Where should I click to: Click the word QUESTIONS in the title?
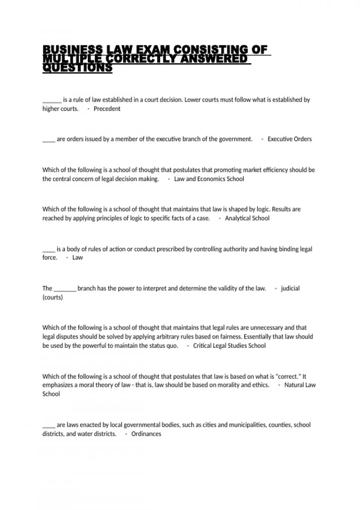point(77,68)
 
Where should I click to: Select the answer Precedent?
point(107,109)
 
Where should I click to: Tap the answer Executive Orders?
point(289,139)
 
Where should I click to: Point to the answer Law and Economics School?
point(209,179)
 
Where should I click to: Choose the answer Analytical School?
point(247,218)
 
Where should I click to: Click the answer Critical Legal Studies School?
point(229,346)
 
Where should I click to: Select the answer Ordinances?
point(146,434)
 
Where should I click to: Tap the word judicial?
point(290,289)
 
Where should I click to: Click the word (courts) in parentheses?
point(53,298)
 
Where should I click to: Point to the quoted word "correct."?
point(288,377)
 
